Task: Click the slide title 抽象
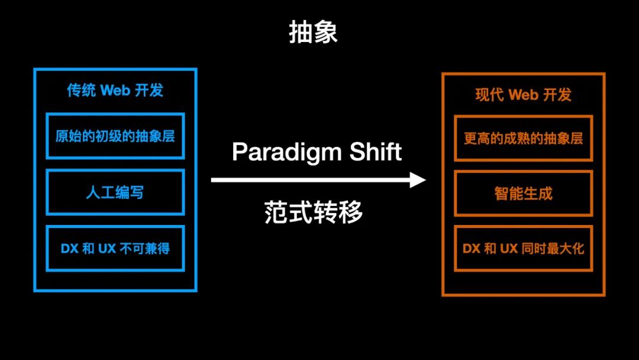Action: click(313, 34)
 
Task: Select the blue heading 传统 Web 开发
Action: click(115, 91)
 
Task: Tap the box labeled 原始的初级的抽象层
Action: click(115, 136)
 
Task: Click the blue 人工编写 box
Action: click(115, 192)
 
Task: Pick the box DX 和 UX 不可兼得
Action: click(115, 249)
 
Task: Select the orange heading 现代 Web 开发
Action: click(523, 95)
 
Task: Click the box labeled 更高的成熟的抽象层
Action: click(523, 139)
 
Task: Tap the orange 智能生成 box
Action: click(523, 194)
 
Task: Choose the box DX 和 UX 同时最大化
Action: click(523, 249)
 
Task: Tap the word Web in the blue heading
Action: click(115, 91)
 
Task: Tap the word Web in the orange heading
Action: click(523, 95)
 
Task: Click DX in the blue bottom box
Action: click(69, 249)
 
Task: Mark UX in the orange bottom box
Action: click(509, 249)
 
